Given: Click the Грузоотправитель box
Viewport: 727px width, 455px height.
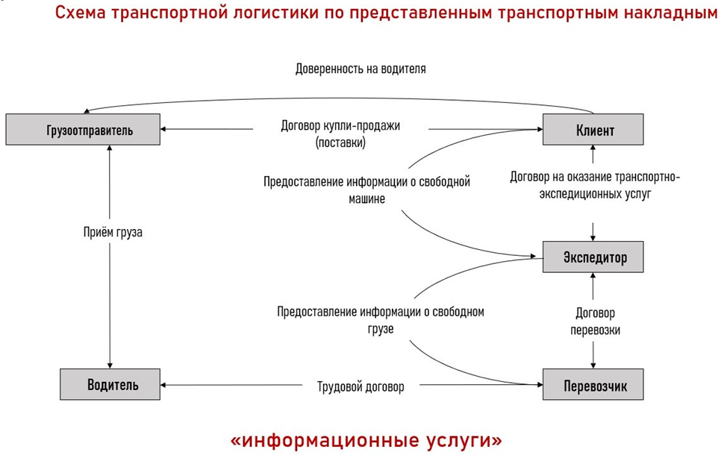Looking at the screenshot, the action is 83,130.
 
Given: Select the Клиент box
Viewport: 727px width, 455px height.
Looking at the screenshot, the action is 593,130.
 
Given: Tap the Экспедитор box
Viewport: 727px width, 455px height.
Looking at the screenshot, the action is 593,257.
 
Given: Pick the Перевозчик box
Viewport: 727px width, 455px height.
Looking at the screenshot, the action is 593,385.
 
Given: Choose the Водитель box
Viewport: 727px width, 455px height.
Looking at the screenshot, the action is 110,385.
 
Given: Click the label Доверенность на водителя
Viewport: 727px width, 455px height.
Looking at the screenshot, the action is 361,69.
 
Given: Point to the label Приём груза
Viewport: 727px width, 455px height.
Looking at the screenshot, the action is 113,232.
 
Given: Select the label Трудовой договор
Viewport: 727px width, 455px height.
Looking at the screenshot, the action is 361,387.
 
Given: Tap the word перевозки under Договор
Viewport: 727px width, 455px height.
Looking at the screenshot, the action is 596,330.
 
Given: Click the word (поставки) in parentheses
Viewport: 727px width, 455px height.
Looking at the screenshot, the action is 341,142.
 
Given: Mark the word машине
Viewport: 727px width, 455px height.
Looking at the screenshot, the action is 366,199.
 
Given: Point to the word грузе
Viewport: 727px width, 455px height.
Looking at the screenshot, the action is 381,329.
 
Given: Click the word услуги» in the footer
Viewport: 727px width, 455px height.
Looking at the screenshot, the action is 465,440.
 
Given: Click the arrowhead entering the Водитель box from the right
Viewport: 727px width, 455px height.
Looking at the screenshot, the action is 163,385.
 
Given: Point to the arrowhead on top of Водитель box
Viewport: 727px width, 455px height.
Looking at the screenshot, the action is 110,365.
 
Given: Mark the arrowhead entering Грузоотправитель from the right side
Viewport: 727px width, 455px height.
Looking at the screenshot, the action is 163,129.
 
